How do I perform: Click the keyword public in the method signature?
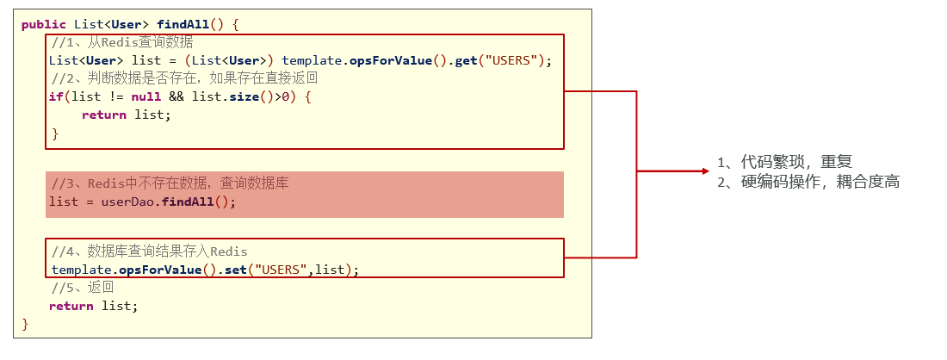tap(44, 25)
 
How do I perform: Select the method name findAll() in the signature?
tap(193, 25)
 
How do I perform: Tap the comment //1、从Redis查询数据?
tap(122, 43)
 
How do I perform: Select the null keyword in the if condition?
tap(146, 96)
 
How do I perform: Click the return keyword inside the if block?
tap(104, 115)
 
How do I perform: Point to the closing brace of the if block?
tap(56, 133)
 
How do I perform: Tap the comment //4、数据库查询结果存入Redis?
tap(149, 251)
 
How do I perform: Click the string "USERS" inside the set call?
tap(281, 270)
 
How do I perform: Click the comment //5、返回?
tap(83, 288)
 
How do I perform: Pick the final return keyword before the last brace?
tap(71, 307)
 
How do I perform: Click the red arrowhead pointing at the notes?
tap(705, 171)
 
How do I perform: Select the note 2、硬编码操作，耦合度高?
tap(808, 182)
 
